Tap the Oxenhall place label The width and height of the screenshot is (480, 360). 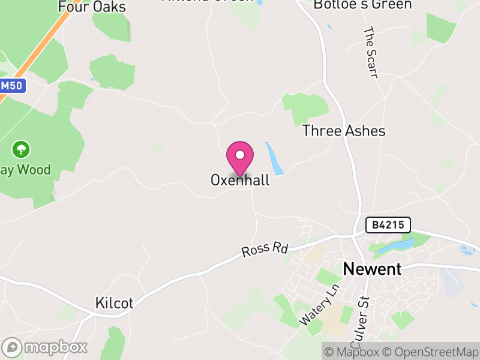[x=240, y=180]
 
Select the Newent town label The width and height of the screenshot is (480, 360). [x=372, y=269]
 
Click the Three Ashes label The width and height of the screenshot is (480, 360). [x=344, y=131]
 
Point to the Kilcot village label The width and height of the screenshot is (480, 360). [x=114, y=303]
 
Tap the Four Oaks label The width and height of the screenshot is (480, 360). [x=92, y=7]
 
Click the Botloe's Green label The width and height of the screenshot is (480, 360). [x=363, y=5]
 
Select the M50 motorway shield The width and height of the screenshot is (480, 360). [x=12, y=86]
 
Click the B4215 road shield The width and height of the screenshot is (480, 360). [x=388, y=225]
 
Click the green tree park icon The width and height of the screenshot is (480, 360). [x=22, y=148]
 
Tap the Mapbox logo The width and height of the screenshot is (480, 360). [x=45, y=347]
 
